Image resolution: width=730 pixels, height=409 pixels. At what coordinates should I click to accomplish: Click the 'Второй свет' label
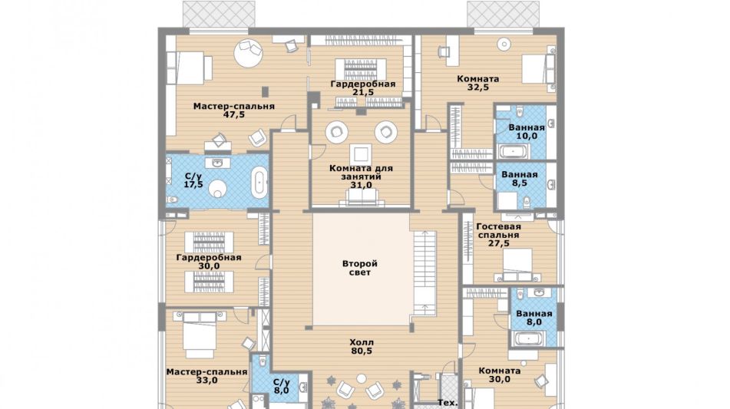[x=360, y=268]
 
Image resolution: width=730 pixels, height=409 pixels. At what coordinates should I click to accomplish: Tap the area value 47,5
[x=233, y=114]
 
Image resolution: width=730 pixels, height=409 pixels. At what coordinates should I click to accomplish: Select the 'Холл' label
[x=362, y=342]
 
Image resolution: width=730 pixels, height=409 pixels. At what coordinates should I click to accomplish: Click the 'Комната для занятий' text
[x=361, y=172]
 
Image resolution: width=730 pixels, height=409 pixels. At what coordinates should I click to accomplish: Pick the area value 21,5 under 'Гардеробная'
[x=363, y=92]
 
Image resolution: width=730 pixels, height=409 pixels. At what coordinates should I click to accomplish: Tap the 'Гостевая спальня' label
[x=498, y=231]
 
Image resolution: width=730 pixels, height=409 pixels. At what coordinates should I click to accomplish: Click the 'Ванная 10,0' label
[x=527, y=132]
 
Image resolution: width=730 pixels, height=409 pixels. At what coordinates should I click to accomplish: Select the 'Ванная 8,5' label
[x=520, y=179]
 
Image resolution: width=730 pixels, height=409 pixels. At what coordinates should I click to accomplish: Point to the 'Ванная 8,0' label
[x=534, y=318]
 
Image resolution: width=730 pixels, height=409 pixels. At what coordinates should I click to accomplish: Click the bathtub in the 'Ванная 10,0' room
[x=514, y=152]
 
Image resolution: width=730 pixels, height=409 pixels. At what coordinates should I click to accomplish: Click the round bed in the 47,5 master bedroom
[x=249, y=53]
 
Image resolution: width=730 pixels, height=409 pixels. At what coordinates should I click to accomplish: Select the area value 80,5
[x=362, y=351]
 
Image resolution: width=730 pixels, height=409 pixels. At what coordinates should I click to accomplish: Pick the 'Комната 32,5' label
[x=478, y=83]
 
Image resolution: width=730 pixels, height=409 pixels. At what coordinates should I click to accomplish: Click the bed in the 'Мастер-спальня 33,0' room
[x=200, y=334]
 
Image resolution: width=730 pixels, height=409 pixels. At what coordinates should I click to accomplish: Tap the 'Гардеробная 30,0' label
[x=209, y=262]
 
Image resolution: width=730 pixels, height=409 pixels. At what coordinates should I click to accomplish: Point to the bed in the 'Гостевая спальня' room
[x=517, y=265]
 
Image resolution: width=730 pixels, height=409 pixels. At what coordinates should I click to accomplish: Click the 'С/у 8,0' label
[x=281, y=386]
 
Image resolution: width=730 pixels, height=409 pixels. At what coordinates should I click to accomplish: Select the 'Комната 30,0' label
[x=499, y=375]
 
